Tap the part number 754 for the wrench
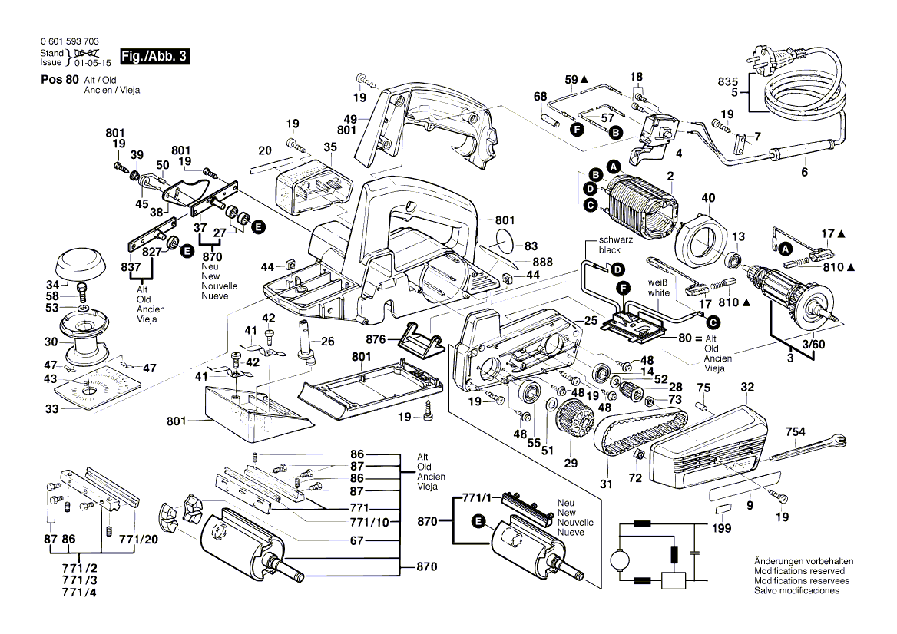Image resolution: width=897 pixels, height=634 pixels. tap(796, 433)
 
